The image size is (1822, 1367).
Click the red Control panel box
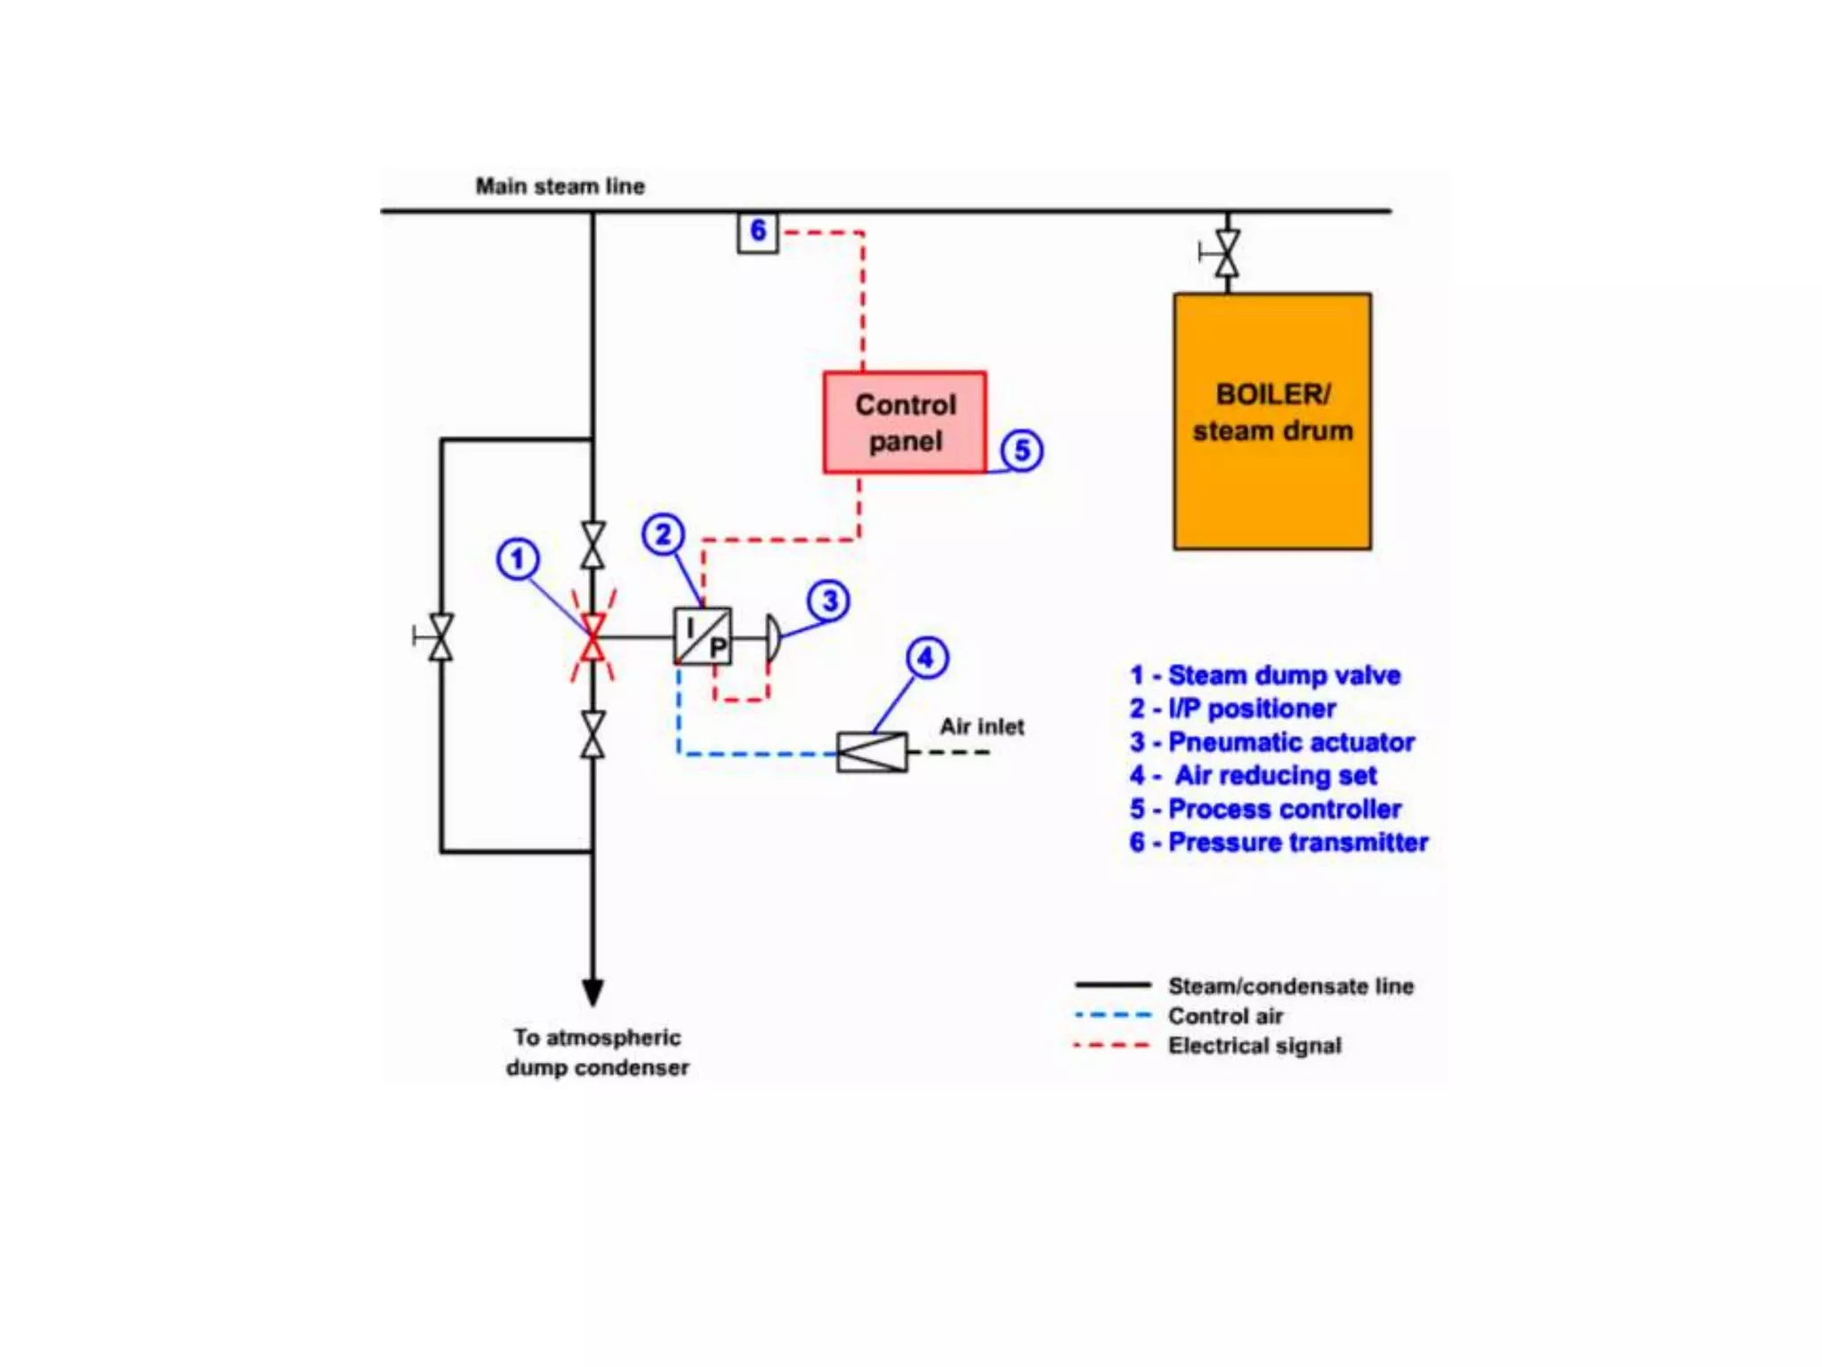904,422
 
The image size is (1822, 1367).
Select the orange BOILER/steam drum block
1272,421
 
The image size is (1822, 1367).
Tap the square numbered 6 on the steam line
758,232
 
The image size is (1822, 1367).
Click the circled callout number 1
518,560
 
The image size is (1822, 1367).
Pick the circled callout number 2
663,535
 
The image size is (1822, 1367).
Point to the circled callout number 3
829,601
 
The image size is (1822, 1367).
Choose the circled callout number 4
927,658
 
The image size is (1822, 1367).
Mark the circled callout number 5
1022,450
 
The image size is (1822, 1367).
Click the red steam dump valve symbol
593,637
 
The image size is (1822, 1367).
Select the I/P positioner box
703,636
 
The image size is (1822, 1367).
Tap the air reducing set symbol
872,752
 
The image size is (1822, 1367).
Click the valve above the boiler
1227,254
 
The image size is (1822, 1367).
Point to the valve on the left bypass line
440,637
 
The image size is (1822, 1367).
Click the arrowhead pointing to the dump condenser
593,991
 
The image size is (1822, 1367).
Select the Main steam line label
560,187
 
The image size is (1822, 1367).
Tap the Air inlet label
981,727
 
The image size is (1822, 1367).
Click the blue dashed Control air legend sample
1113,1015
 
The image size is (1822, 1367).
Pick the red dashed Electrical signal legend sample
1113,1045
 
